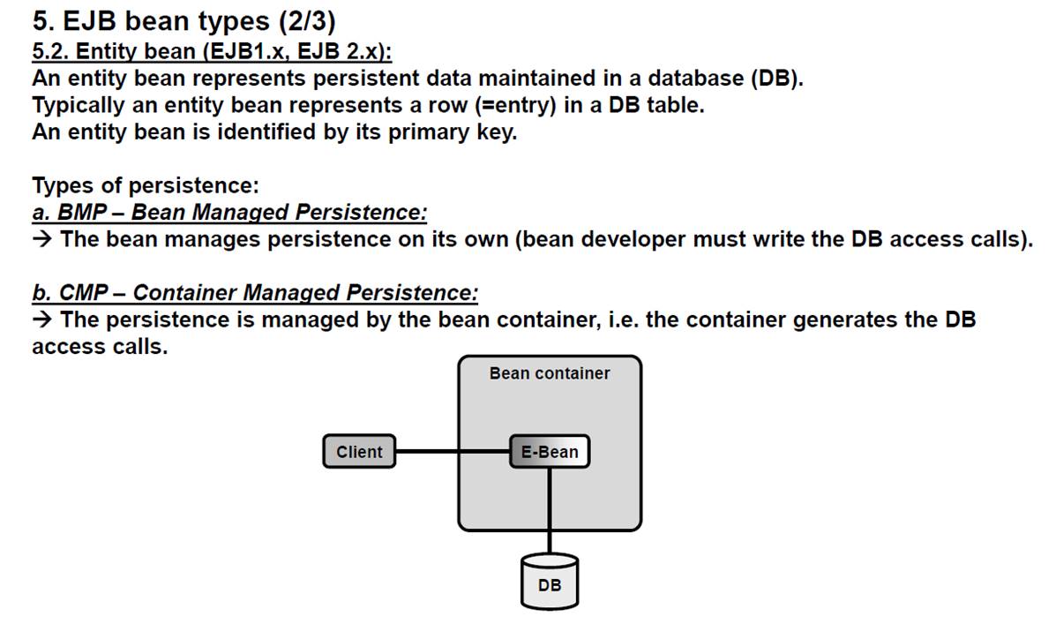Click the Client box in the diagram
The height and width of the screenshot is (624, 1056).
(359, 452)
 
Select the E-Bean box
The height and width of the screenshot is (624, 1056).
(550, 452)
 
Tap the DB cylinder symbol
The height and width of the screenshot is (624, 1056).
(550, 582)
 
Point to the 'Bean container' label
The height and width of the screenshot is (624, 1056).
(550, 373)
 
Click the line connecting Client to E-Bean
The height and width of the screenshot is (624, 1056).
(453, 452)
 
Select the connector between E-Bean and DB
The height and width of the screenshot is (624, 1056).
(550, 511)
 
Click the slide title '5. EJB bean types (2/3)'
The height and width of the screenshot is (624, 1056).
(183, 21)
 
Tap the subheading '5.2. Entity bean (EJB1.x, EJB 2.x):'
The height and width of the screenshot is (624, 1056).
(212, 51)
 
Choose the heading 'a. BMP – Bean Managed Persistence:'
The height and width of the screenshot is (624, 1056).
(229, 213)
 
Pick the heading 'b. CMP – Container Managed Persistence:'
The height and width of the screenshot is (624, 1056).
(255, 292)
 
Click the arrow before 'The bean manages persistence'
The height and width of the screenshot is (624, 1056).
(41, 239)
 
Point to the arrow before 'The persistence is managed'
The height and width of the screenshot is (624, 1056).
(41, 320)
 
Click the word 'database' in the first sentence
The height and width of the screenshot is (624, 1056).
(695, 79)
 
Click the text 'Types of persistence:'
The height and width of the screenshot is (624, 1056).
(146, 185)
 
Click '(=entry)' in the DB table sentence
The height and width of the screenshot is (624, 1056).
(515, 106)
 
